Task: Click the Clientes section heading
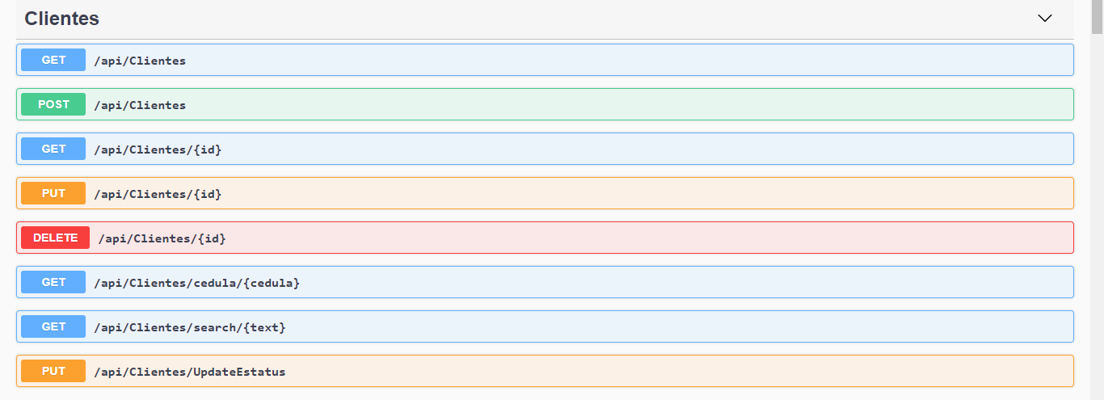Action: [x=62, y=19]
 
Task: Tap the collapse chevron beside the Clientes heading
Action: [x=1045, y=18]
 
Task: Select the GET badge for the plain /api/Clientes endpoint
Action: [x=53, y=60]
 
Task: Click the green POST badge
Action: [x=53, y=104]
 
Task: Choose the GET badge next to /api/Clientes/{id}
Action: [x=53, y=149]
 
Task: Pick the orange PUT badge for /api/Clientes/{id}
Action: [x=53, y=193]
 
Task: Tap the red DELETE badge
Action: [x=55, y=238]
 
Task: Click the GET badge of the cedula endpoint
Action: [x=53, y=282]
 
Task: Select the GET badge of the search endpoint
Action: [x=53, y=326]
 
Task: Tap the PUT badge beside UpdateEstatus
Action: [x=53, y=371]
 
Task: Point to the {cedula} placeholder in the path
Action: [x=272, y=283]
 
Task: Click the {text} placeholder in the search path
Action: [x=264, y=327]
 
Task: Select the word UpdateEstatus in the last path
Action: [x=240, y=372]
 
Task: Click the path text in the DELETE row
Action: [x=162, y=238]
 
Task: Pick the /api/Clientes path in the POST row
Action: [x=140, y=105]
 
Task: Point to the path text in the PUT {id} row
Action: [x=158, y=194]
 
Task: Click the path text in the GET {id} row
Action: [x=158, y=149]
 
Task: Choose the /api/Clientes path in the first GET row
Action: [x=140, y=61]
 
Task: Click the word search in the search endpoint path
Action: [x=217, y=327]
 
